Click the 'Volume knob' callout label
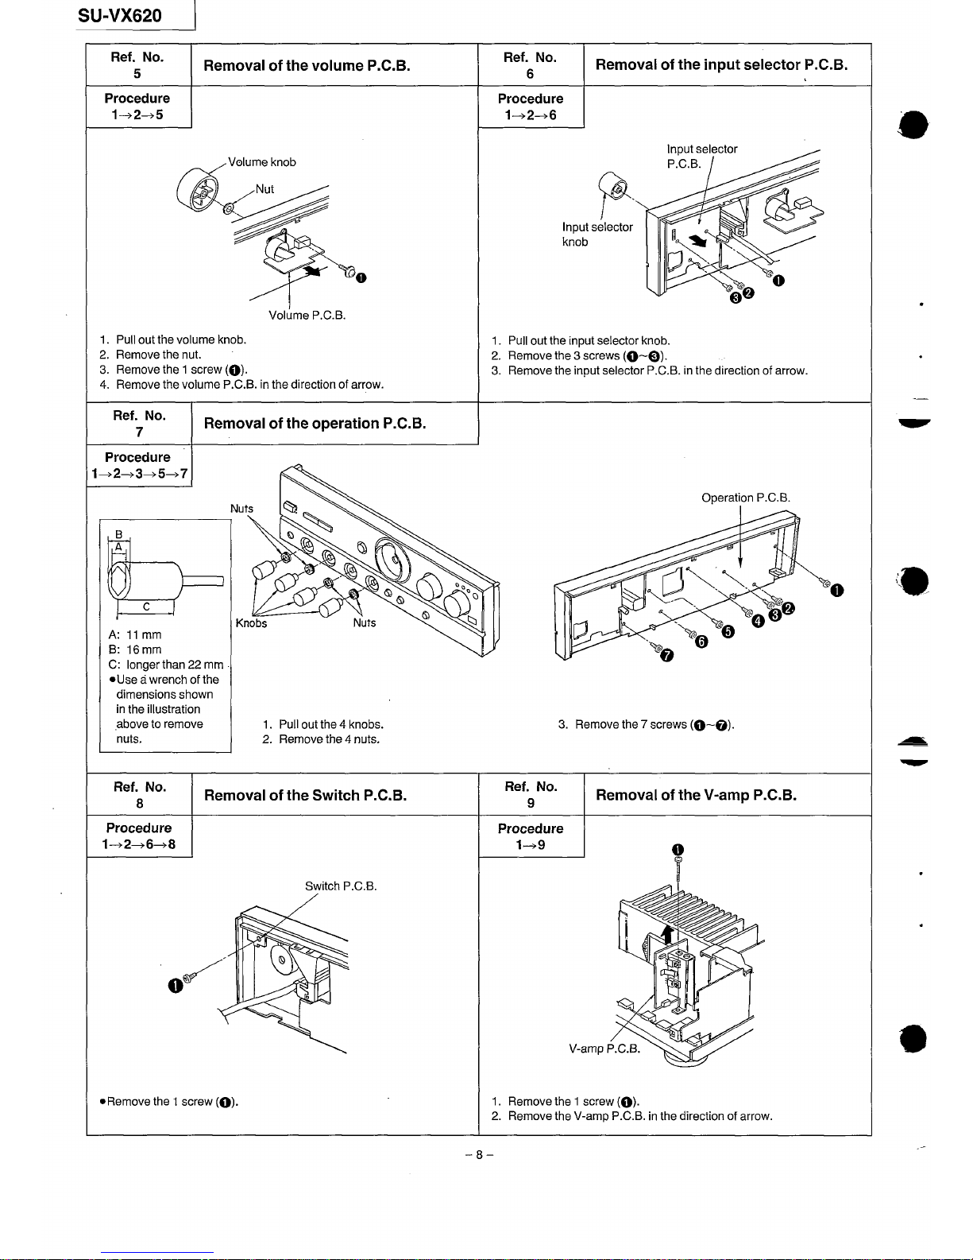coord(261,162)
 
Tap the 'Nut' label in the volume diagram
coord(264,189)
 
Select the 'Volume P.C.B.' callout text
coord(307,315)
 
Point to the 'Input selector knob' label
coord(597,235)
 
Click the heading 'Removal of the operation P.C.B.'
coord(315,423)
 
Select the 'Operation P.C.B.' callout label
coord(745,498)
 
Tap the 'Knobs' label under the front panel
coord(251,623)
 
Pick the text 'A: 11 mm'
coord(134,635)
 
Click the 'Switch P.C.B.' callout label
coord(341,886)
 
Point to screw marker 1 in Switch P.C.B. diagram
coord(175,987)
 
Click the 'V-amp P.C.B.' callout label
coord(604,1049)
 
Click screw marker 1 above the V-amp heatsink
coord(678,848)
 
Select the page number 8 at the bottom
coord(479,1156)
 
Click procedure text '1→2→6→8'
coord(139,844)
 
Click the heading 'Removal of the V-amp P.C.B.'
coord(696,795)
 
